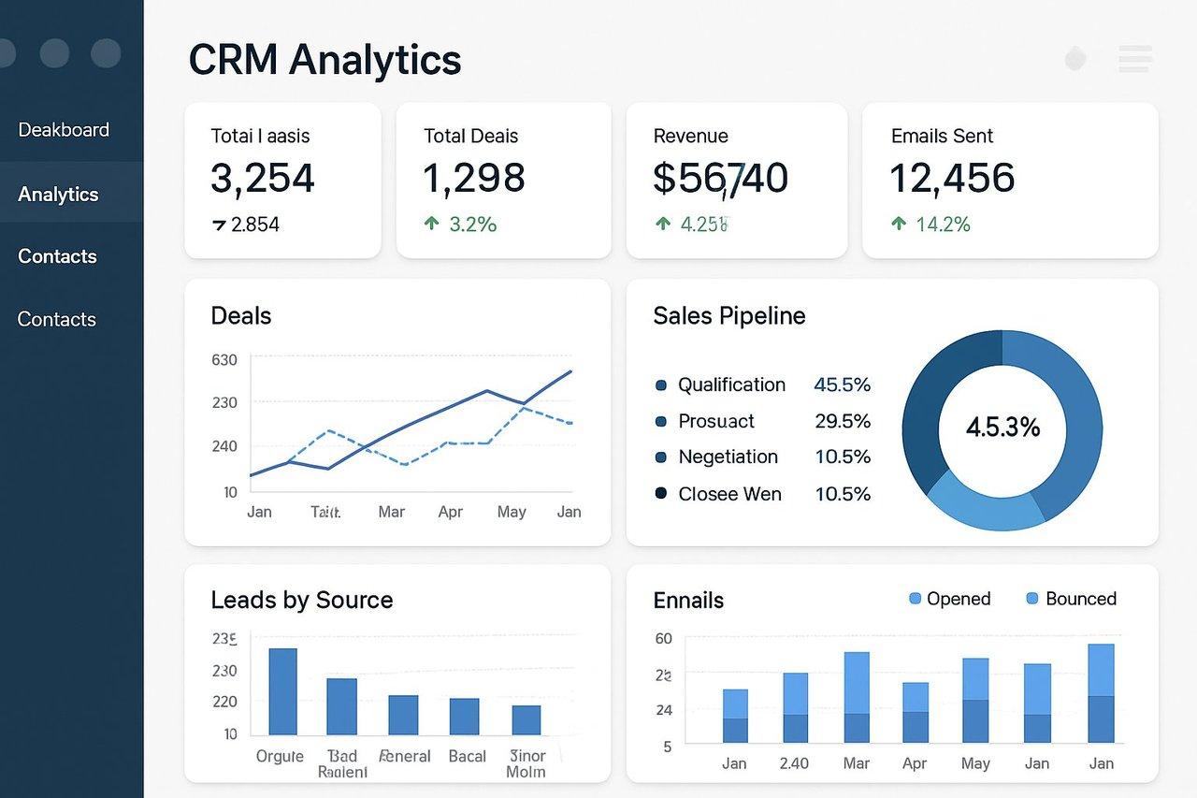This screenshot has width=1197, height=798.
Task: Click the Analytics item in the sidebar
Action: pos(58,194)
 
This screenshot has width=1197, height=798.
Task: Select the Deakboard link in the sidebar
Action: pos(64,130)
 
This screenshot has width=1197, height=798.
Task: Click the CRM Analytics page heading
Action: pos(324,60)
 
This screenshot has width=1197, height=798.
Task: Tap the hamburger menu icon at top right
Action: pos(1134,59)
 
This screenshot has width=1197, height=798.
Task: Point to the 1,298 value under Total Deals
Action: pos(473,178)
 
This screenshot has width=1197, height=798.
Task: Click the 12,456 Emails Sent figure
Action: pos(951,178)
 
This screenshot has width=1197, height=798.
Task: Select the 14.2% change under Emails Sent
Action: pos(942,224)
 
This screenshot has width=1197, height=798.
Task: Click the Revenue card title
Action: pos(690,136)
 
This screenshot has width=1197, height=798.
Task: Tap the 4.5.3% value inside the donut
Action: pos(1002,428)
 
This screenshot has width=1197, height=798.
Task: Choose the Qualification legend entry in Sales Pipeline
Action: pos(730,384)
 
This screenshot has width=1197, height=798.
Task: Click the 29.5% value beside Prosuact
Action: pos(842,421)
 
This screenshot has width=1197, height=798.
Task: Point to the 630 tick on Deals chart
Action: pos(224,359)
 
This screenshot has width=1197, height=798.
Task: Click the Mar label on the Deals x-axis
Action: pos(391,512)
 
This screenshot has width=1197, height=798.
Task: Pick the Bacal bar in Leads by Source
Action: pos(464,716)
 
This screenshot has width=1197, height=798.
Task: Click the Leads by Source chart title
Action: pos(301,600)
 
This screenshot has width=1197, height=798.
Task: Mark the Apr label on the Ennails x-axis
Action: pos(915,763)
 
